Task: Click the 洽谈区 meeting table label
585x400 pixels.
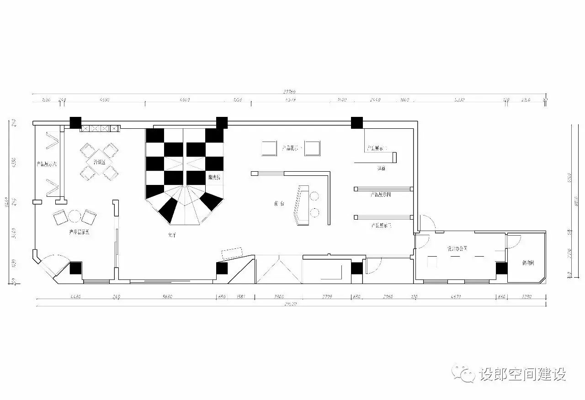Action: point(99,162)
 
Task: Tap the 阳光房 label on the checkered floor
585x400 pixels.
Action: point(214,177)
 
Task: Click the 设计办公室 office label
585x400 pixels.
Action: point(457,248)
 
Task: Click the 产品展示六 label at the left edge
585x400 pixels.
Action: point(47,164)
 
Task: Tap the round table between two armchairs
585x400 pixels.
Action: point(75,215)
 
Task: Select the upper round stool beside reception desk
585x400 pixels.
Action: point(314,196)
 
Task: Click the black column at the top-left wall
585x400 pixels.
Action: point(75,122)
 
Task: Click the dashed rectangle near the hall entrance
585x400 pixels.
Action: point(232,253)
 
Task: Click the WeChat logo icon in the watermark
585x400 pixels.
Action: point(463,374)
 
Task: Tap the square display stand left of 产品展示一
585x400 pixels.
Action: point(269,148)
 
